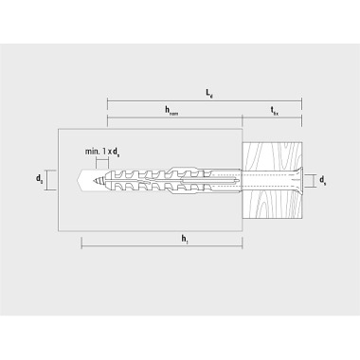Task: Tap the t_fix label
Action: tap(275, 110)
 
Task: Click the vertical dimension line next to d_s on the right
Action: tap(315, 179)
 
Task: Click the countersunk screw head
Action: tap(297, 179)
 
